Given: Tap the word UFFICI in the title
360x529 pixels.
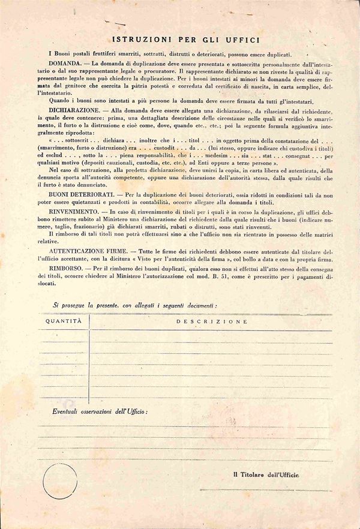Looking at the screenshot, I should (x=242, y=40).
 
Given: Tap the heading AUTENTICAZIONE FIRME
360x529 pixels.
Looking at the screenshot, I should (x=92, y=248).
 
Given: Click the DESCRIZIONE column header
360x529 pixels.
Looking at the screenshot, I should (x=212, y=321).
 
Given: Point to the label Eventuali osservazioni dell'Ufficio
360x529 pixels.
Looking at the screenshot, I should (x=100, y=413).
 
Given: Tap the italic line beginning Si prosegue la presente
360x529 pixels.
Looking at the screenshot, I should (x=135, y=305).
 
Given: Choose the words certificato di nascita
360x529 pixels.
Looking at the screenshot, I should (x=243, y=88).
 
